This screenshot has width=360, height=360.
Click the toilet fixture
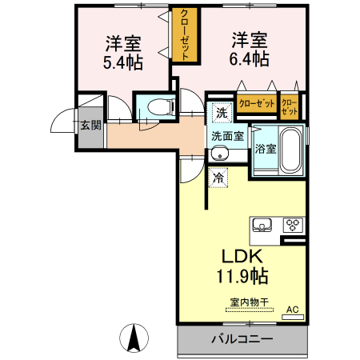(x=157, y=105)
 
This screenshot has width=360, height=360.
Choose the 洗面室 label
(x=227, y=135)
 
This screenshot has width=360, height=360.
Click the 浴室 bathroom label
(x=266, y=148)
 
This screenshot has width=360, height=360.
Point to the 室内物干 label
(x=249, y=302)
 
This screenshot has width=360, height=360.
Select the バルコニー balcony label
(x=242, y=339)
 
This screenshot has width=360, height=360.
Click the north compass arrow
(x=135, y=337)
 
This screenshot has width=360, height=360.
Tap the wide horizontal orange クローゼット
(x=255, y=105)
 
